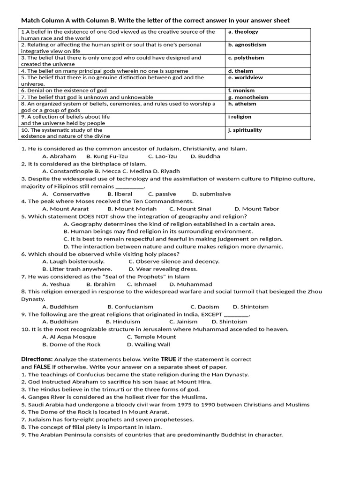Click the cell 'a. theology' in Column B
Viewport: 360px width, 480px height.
tap(243, 32)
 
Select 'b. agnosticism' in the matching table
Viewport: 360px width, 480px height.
tap(247, 45)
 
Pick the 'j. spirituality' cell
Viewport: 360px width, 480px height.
tap(245, 130)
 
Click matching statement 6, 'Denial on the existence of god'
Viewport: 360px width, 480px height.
tap(64, 90)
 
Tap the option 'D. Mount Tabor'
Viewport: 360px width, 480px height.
tap(256, 209)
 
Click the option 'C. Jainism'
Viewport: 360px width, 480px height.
tap(183, 322)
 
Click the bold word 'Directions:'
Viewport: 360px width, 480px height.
tap(37, 360)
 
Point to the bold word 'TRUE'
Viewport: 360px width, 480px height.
tap(168, 360)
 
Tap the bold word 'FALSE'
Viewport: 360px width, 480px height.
tap(42, 367)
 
